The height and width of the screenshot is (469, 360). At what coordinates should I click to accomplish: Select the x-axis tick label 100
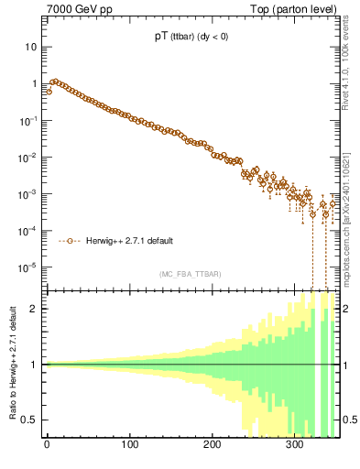pyautogui.click(x=130, y=446)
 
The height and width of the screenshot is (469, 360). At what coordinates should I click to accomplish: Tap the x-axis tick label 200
pyautogui.click(x=213, y=446)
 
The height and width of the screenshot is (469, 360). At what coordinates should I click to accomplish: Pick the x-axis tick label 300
pyautogui.click(x=295, y=446)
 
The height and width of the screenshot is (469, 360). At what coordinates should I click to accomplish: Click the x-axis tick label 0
pyautogui.click(x=48, y=446)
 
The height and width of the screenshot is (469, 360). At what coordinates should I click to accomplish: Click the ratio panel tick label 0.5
pyautogui.click(x=32, y=420)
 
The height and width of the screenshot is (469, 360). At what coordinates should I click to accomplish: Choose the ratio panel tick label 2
pyautogui.click(x=38, y=309)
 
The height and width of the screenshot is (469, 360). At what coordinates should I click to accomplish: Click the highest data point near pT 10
pyautogui.click(x=55, y=82)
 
